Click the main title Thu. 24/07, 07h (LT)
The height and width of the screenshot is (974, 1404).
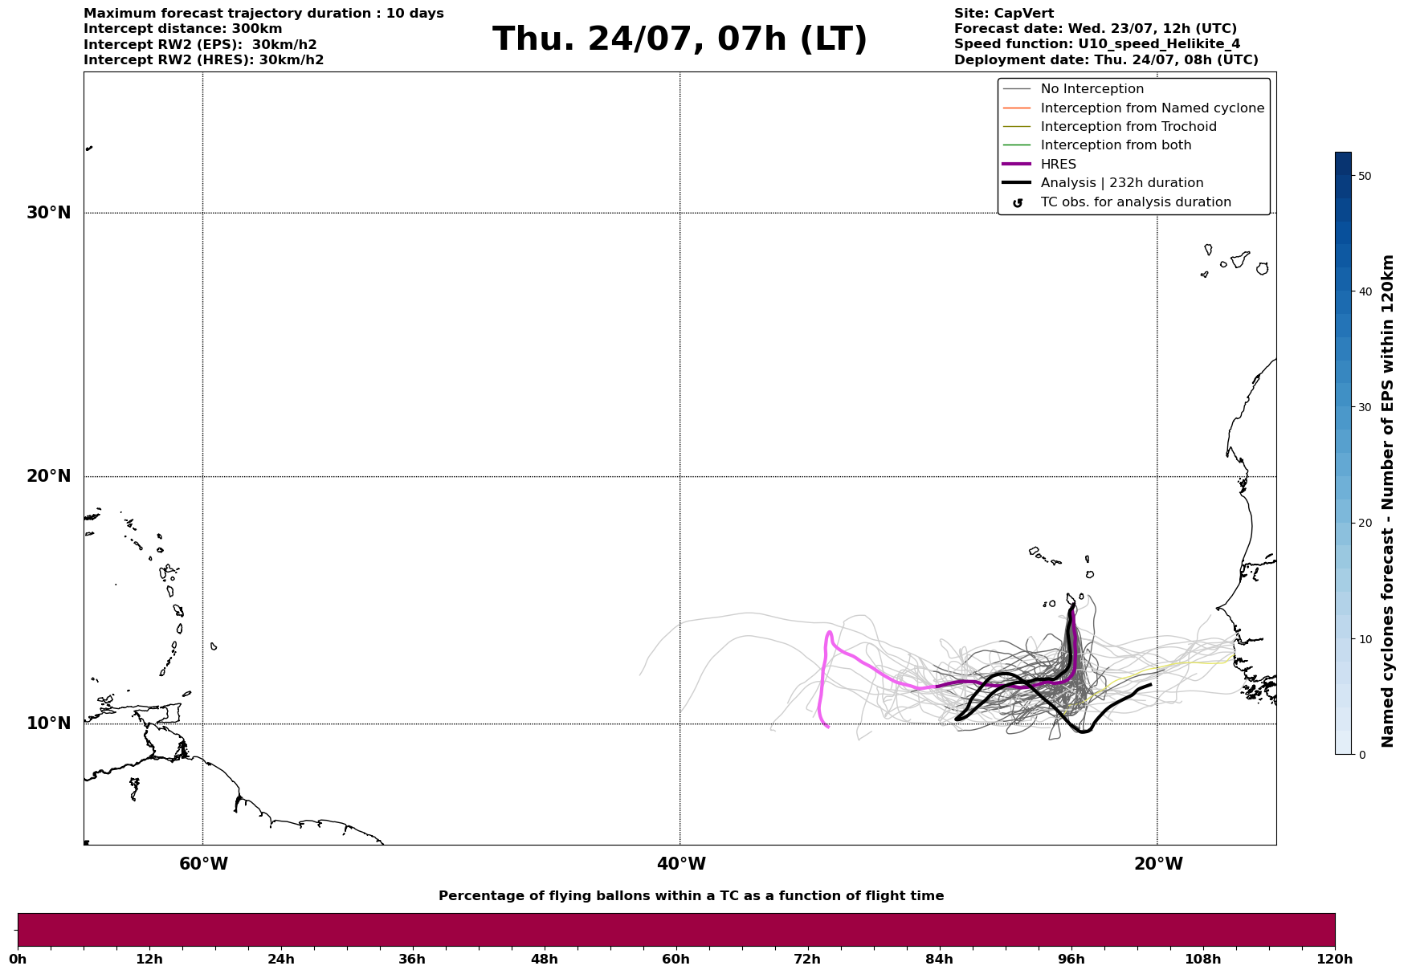tap(680, 39)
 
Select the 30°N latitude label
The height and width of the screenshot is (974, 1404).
tap(49, 213)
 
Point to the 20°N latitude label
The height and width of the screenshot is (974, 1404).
tap(49, 476)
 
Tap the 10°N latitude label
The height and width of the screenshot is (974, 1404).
tap(49, 723)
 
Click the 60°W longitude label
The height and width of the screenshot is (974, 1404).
tap(203, 864)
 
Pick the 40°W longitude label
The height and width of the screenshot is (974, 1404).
tap(681, 864)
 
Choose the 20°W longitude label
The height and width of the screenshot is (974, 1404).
tap(1158, 864)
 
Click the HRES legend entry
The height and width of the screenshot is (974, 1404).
tap(1058, 165)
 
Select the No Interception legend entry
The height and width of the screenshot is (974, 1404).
tap(1092, 89)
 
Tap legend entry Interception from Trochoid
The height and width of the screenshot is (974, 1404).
tap(1128, 127)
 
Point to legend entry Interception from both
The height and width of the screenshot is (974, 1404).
tap(1116, 145)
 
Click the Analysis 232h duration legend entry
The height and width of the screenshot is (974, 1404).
tap(1121, 183)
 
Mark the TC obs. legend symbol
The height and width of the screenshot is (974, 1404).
tap(1018, 203)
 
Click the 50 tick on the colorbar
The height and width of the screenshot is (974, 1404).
tap(1365, 176)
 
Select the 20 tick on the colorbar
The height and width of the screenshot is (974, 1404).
tap(1365, 523)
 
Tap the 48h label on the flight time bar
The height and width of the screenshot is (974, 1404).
tap(544, 960)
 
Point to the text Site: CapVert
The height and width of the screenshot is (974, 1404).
tap(1004, 14)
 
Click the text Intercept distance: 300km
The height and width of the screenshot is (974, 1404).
tap(182, 29)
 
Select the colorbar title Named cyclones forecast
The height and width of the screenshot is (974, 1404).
tap(1387, 501)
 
